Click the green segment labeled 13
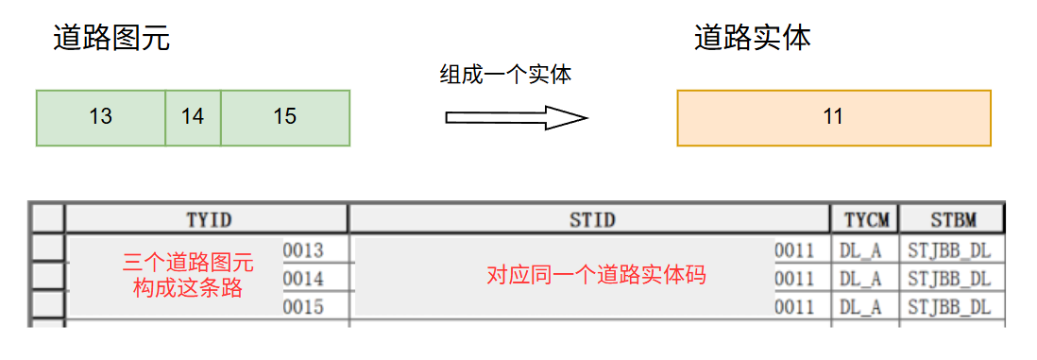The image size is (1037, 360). click(101, 117)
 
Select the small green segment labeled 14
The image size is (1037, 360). click(193, 117)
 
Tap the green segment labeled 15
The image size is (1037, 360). click(285, 117)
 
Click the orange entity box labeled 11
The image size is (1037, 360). click(833, 117)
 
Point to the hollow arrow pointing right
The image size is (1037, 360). click(516, 118)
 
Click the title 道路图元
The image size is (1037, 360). click(111, 38)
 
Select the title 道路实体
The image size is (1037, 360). click(753, 38)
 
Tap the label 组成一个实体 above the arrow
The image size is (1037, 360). click(505, 75)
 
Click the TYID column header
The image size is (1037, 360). click(208, 219)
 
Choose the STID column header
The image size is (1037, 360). click(591, 219)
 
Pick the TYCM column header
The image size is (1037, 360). click(865, 219)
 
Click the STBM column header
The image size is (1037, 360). click(952, 219)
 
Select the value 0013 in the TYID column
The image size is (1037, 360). click(303, 250)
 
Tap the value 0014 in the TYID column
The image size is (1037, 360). click(303, 279)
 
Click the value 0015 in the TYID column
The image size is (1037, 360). click(303, 307)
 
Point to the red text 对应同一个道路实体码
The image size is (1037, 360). click(596, 276)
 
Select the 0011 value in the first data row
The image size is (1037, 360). click(794, 250)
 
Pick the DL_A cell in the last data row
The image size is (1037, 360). click(860, 307)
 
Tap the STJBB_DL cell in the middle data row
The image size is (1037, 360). click(949, 279)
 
